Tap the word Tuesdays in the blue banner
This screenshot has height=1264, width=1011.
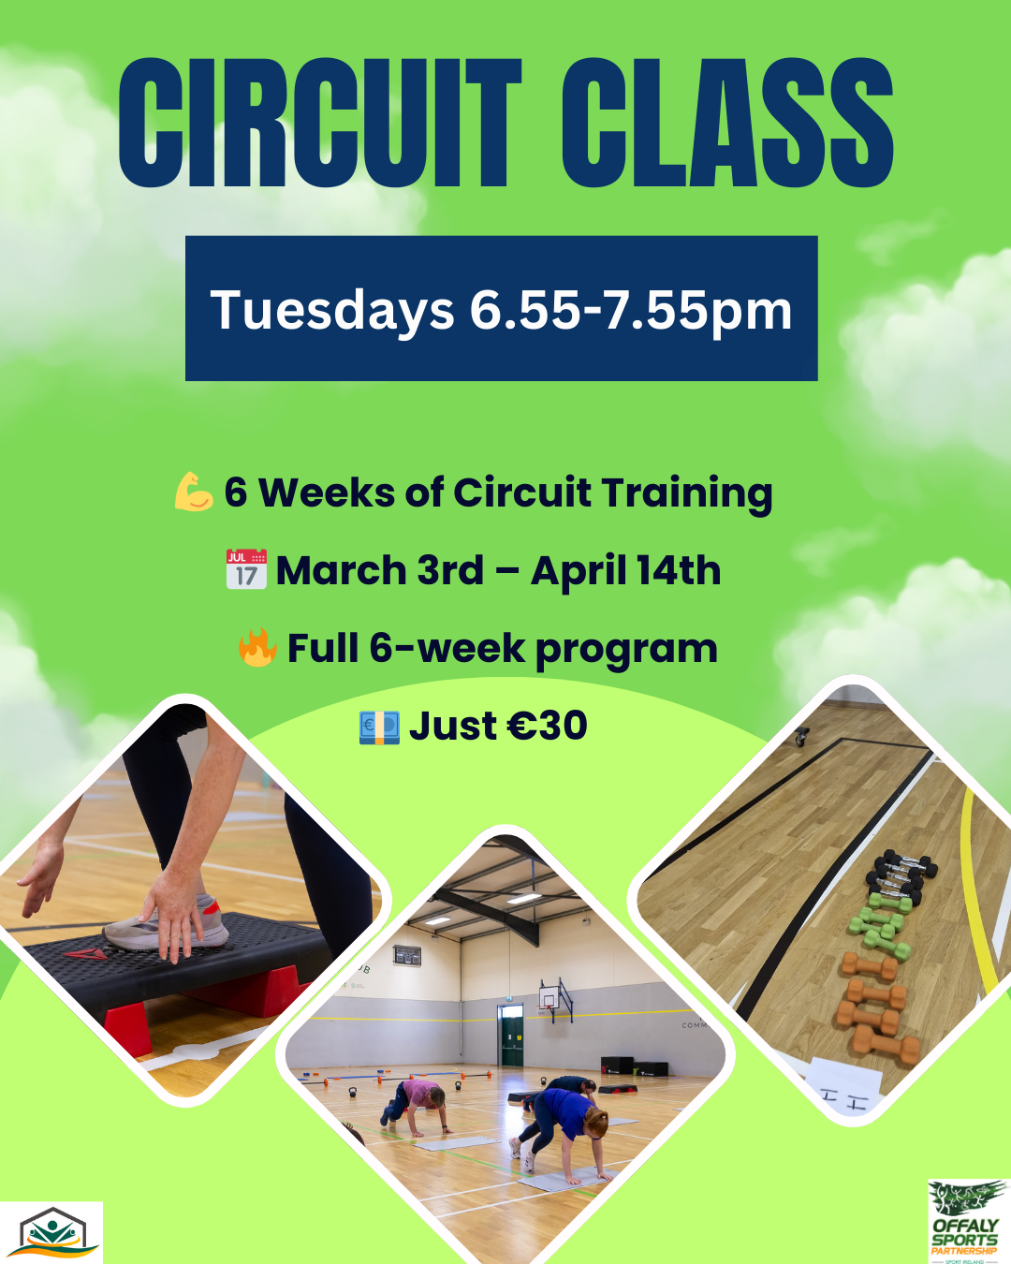point(332,311)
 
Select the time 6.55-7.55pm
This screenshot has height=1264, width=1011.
point(631,311)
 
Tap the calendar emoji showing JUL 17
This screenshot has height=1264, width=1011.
point(247,569)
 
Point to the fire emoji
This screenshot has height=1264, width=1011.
point(257,647)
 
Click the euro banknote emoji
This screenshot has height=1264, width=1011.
point(379,728)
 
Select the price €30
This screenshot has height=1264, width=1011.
point(548,726)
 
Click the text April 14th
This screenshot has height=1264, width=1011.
point(625,570)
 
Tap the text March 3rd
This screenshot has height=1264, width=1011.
point(380,570)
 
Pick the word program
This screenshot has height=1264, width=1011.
point(627,651)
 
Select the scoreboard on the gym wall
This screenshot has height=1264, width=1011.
point(407,955)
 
